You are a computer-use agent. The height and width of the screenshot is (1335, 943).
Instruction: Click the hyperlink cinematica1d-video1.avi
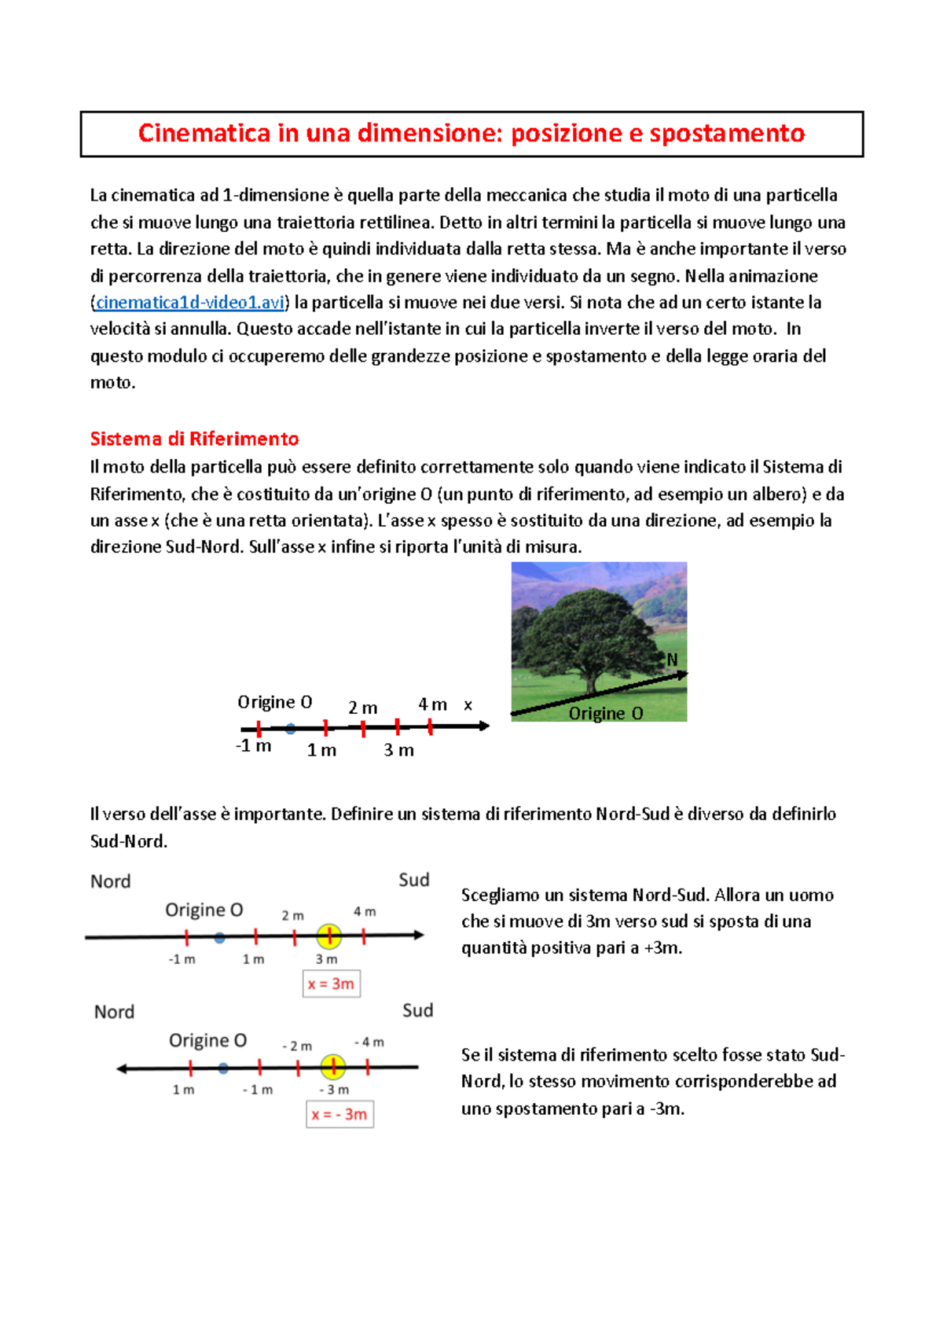click(189, 303)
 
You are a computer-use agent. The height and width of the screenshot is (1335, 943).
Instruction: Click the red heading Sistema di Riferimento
click(194, 439)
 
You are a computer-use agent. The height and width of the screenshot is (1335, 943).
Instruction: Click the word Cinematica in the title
click(204, 134)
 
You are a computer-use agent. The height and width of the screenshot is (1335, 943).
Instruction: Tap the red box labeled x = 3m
click(331, 984)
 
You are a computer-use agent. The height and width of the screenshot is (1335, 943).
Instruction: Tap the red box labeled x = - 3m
click(339, 1114)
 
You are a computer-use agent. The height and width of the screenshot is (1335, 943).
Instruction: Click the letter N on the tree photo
click(672, 660)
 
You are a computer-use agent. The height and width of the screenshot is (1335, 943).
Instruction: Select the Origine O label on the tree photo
click(605, 713)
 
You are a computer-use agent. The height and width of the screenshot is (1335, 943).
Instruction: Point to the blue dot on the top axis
click(291, 729)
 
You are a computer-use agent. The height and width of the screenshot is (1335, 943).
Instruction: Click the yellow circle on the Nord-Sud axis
click(329, 936)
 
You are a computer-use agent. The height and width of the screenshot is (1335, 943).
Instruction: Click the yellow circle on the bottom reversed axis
click(333, 1067)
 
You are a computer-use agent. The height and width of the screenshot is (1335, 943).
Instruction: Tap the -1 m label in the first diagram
click(254, 746)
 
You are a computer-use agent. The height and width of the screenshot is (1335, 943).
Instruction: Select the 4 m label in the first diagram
click(432, 704)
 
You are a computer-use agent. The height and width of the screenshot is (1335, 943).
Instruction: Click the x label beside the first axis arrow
click(468, 705)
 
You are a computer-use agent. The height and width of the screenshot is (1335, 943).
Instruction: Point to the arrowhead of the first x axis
click(484, 726)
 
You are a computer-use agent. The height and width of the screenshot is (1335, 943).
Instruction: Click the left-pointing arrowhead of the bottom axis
click(122, 1068)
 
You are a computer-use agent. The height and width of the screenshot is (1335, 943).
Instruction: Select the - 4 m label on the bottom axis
click(369, 1042)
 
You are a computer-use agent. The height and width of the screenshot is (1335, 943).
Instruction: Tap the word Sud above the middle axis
click(413, 880)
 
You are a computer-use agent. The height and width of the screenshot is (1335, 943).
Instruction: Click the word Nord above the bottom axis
click(114, 1012)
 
